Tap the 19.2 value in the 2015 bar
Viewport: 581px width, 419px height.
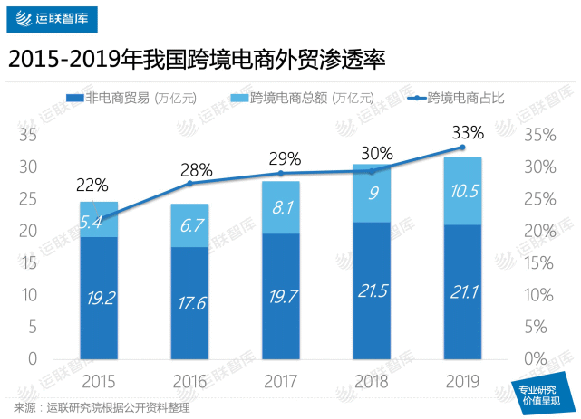[x=99, y=299]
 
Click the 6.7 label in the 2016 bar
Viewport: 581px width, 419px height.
[x=190, y=225]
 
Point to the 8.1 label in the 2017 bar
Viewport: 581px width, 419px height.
[x=281, y=207]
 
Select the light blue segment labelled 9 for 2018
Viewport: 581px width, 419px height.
[x=372, y=193]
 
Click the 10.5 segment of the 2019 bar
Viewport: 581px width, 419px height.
[x=462, y=190]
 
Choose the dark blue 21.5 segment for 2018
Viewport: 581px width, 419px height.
[x=372, y=291]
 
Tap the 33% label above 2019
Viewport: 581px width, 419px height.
[x=469, y=132]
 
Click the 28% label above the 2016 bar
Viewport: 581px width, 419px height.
[x=197, y=169]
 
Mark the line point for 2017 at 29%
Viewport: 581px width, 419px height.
[x=281, y=173]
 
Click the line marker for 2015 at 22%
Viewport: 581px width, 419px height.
[x=99, y=218]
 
